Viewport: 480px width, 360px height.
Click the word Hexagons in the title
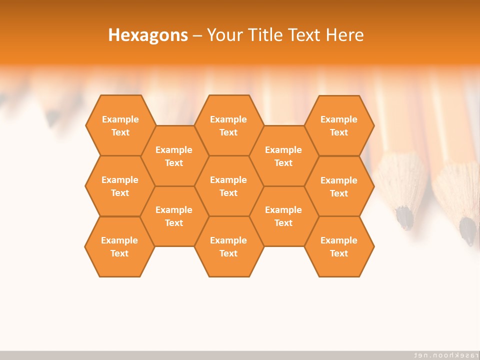click(x=148, y=35)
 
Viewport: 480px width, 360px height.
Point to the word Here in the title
click(x=344, y=35)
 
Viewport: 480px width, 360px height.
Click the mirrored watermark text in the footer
click(x=443, y=354)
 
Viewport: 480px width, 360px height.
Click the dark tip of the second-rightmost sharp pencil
click(x=405, y=218)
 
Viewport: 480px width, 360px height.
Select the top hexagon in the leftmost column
click(x=120, y=125)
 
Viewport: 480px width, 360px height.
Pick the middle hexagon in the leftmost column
click(x=120, y=186)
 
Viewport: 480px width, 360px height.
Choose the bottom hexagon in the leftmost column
click(x=119, y=246)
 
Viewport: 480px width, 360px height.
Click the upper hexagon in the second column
click(x=174, y=156)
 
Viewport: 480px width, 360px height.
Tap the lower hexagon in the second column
click(x=174, y=216)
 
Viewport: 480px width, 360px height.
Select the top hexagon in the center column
click(x=228, y=125)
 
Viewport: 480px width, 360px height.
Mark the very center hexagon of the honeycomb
click(x=228, y=186)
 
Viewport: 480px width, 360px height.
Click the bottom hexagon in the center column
click(x=228, y=246)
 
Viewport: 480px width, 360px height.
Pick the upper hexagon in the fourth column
click(x=283, y=156)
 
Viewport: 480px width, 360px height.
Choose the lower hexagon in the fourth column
click(x=283, y=216)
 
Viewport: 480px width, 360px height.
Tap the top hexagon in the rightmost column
click(x=339, y=125)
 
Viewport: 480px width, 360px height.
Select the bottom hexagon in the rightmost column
click(x=339, y=246)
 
